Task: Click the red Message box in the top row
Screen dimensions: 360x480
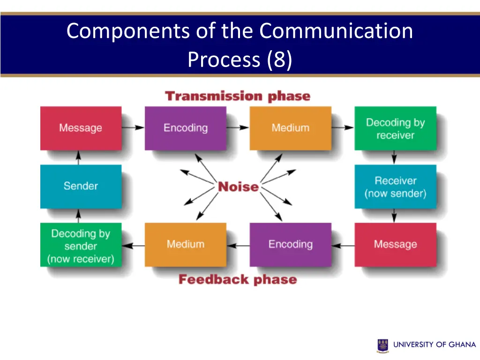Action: click(x=81, y=128)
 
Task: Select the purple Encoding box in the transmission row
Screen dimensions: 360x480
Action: click(x=185, y=128)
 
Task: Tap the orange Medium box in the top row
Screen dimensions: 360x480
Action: click(x=290, y=128)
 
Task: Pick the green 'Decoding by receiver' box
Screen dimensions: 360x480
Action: click(x=395, y=128)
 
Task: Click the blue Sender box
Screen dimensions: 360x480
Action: click(x=81, y=186)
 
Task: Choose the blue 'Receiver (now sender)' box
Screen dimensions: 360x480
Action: click(x=395, y=187)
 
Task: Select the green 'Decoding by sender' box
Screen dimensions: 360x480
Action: click(x=81, y=245)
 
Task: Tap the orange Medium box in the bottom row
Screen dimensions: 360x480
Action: click(x=185, y=244)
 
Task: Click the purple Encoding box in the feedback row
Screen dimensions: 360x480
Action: click(x=290, y=244)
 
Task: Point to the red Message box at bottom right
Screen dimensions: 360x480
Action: click(x=395, y=244)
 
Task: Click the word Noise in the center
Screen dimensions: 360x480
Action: click(x=238, y=187)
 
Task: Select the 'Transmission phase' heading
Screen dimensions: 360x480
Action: click(x=238, y=97)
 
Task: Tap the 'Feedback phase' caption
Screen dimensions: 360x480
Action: click(x=238, y=280)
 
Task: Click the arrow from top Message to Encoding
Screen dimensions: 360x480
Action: click(x=133, y=127)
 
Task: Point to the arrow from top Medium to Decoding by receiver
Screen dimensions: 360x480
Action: click(x=343, y=127)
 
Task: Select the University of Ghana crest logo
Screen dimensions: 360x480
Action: click(x=383, y=345)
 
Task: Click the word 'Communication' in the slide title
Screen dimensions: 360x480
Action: click(x=336, y=31)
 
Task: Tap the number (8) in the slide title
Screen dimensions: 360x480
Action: click(x=279, y=60)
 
